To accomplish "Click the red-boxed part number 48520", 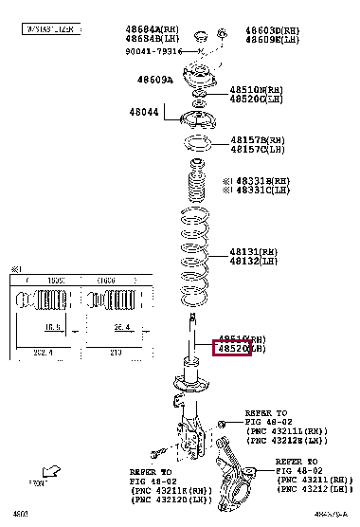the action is [233, 349].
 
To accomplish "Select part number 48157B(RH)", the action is [257, 139].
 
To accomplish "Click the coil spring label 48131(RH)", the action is [253, 252].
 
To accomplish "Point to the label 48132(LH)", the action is [253, 261].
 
